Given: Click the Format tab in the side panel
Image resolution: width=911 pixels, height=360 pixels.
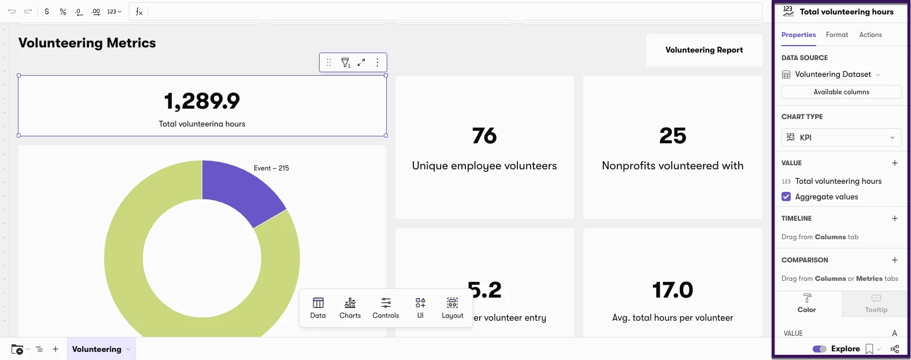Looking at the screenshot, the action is (836, 35).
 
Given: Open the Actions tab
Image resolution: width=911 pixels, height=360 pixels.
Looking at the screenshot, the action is (871, 35).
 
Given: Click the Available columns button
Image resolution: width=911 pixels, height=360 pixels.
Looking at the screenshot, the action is (841, 92).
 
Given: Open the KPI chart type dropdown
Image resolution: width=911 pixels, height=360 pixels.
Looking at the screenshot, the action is (841, 138).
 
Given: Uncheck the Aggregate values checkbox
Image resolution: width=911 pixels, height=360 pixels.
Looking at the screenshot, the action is (786, 197).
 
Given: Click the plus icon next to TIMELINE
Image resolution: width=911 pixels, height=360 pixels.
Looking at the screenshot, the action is (895, 218).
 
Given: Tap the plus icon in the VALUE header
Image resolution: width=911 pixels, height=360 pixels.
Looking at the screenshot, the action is (895, 163).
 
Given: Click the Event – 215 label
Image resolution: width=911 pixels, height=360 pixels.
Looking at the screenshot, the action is (271, 168).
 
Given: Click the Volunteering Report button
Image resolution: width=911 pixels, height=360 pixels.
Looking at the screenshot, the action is (704, 50).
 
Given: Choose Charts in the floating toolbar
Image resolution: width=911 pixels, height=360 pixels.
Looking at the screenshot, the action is (350, 308).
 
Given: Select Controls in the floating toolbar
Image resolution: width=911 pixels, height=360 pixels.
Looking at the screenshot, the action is (386, 308).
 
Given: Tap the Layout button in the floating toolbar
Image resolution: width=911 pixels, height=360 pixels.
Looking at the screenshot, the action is (452, 308).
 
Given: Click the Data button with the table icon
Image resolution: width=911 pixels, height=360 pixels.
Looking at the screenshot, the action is (317, 308).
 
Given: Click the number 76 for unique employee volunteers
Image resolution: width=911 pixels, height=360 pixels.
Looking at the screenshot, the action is (484, 136).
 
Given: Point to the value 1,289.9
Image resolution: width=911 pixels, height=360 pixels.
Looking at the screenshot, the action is (202, 101).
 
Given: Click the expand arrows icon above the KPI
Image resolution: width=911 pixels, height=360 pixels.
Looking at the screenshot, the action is (361, 62).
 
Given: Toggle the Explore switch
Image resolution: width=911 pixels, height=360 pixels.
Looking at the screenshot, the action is (819, 349).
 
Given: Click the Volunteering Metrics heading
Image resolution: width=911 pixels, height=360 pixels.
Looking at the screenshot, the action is (87, 43).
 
